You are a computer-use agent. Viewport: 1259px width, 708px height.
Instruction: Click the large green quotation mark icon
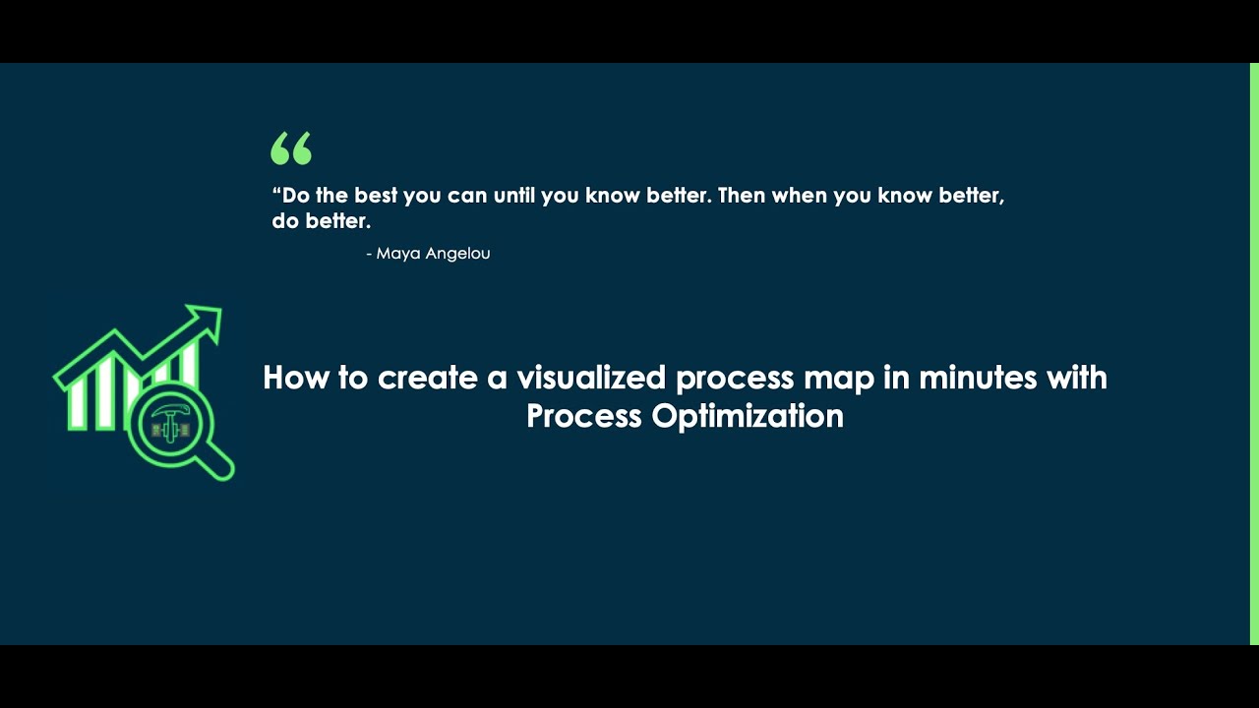[x=291, y=148]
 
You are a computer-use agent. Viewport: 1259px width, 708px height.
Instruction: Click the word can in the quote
[x=467, y=195]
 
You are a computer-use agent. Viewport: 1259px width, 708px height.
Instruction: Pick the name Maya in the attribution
[x=397, y=254]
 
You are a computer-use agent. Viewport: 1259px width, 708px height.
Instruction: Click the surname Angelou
[x=457, y=254]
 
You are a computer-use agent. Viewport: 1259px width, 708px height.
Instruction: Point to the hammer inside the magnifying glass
[x=168, y=418]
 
